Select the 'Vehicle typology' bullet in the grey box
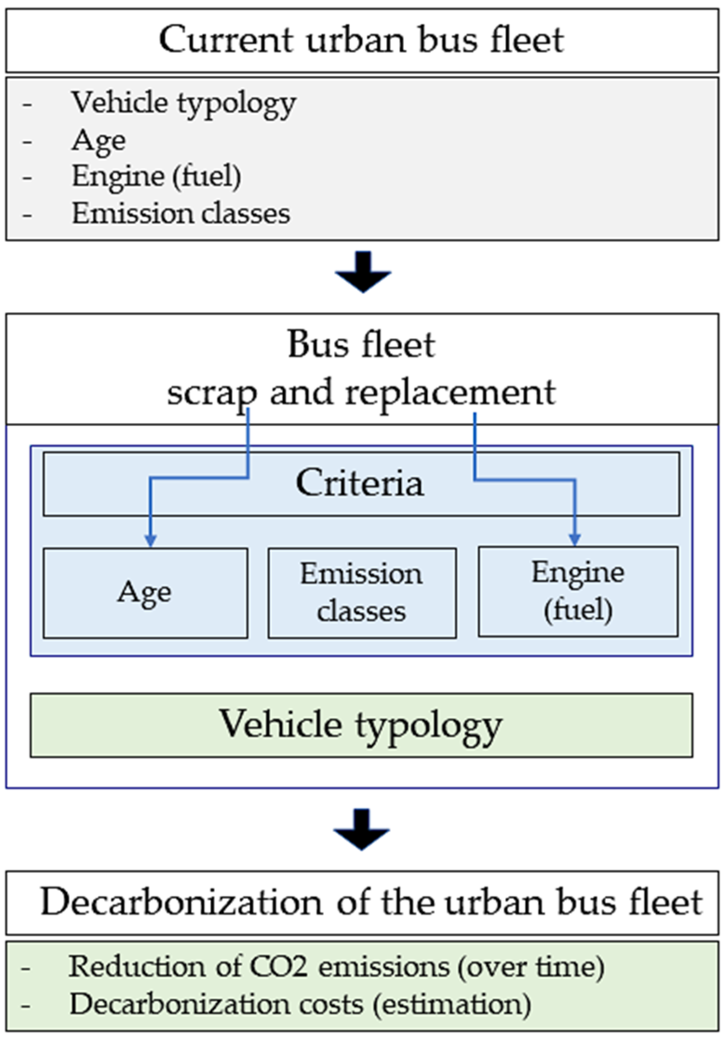point(183,103)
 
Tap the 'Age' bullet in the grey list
point(98,140)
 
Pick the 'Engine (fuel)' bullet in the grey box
point(156,177)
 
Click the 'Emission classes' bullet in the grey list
point(181,214)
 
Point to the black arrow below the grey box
point(363,273)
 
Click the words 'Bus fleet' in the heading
point(361,345)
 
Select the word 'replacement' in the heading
point(450,392)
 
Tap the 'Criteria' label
point(360,483)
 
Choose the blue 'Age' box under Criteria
point(145,593)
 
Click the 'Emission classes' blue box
point(362,592)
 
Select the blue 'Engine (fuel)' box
point(578,591)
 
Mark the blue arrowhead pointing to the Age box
point(150,540)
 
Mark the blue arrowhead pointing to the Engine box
point(575,539)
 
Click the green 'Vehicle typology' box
point(361,725)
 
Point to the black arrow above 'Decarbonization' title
point(362,830)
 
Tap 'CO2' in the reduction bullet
point(279,967)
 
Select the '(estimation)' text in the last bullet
point(451,1004)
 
